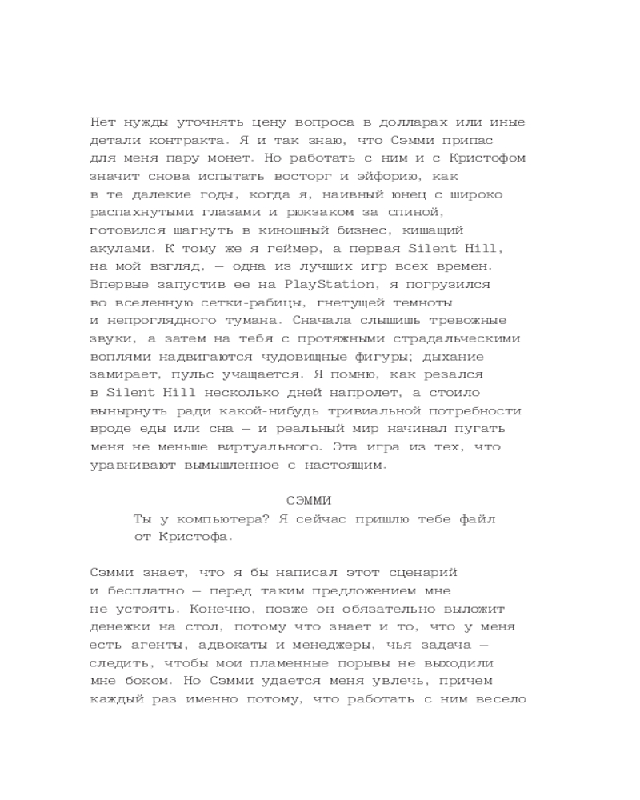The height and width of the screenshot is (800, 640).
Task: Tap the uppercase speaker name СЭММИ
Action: (x=308, y=501)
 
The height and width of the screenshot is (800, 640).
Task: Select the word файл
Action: (x=476, y=519)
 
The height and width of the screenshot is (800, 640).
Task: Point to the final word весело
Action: (x=500, y=699)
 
